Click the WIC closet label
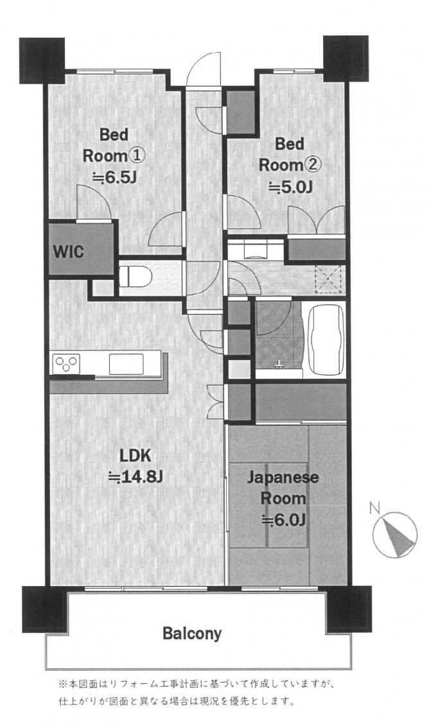(x=68, y=252)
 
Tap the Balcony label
(x=192, y=633)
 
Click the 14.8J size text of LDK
(x=135, y=476)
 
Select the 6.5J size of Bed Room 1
(x=114, y=177)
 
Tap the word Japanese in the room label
(x=283, y=478)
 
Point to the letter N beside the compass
(x=375, y=509)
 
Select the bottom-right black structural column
(x=349, y=608)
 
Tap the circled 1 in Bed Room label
(x=137, y=155)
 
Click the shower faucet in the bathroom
(x=279, y=365)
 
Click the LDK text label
(x=135, y=456)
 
